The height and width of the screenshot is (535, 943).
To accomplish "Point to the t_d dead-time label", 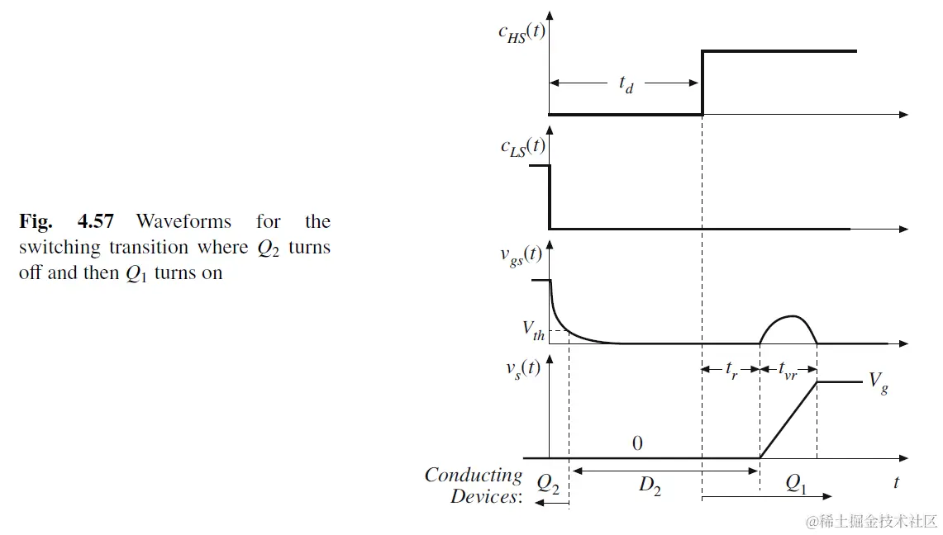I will point(626,85).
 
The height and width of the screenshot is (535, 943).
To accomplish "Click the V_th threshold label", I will point(533,329).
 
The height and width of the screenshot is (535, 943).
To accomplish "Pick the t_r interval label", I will point(731,371).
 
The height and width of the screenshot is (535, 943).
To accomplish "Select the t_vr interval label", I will point(788,371).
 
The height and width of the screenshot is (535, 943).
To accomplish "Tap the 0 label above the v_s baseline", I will point(637,443).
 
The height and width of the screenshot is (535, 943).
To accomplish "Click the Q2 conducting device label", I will point(548,484).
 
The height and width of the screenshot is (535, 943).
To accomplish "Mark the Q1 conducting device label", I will point(795,485).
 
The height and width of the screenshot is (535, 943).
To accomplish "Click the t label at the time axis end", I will point(896,481).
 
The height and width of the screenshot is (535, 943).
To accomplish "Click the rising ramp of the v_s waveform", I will point(788,420).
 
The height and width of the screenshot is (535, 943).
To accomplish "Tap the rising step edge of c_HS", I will point(702,83).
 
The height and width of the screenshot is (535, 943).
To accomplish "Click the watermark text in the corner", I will point(874,521).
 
